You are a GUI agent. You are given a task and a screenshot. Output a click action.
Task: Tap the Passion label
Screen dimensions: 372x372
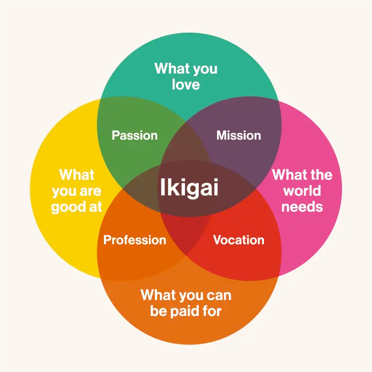coord(135,136)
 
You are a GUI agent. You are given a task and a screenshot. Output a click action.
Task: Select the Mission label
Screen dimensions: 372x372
coord(238,136)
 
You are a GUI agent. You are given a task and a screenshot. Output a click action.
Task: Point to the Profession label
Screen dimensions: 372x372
coord(135,240)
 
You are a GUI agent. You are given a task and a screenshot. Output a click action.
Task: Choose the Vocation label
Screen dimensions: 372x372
coord(238,240)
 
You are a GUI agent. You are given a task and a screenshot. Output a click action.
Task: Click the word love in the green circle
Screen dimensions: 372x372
coord(185,85)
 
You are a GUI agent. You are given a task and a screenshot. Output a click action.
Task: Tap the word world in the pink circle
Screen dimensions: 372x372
coord(302,191)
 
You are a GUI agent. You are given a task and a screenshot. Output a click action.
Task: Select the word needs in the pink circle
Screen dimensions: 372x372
coord(302,207)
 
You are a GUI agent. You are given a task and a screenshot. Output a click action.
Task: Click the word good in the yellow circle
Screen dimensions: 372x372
coord(70,207)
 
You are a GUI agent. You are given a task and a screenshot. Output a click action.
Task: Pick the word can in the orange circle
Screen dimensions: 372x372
coord(218,295)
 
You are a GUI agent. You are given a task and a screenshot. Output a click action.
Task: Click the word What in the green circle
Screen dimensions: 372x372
coord(169,69)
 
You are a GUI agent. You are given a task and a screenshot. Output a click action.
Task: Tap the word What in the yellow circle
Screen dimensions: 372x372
coord(77,175)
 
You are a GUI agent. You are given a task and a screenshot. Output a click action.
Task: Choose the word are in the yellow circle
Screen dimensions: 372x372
coord(91,192)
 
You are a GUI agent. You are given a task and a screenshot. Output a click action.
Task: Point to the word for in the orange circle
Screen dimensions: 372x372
coord(211,311)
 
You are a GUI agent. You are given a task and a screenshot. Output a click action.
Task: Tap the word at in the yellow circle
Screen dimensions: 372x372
coord(96,207)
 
